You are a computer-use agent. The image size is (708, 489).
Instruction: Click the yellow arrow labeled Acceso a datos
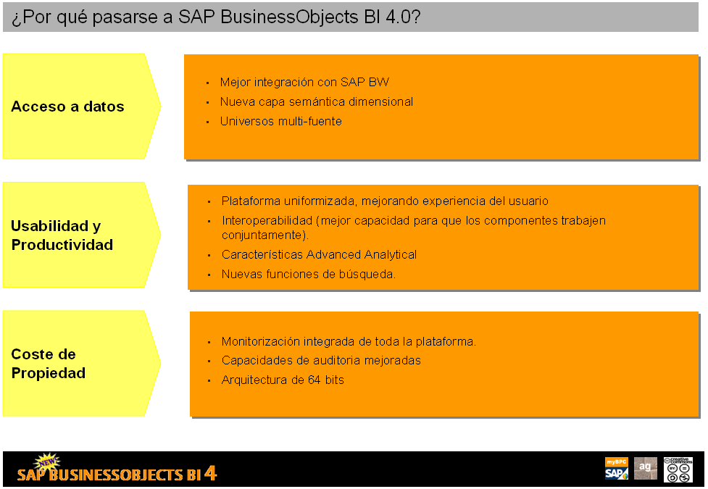pyautogui.click(x=81, y=106)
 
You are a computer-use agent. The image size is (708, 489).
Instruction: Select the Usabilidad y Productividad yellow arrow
pyautogui.click(x=81, y=235)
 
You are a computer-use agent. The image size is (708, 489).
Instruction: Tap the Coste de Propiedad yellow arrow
pyautogui.click(x=81, y=363)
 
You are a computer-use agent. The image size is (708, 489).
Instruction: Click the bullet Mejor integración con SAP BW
pyautogui.click(x=304, y=82)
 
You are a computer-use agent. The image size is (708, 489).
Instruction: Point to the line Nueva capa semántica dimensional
pyautogui.click(x=317, y=101)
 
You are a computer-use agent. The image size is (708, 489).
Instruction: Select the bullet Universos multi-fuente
pyautogui.click(x=281, y=121)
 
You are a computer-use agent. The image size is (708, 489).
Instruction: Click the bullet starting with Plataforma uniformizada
pyautogui.click(x=385, y=201)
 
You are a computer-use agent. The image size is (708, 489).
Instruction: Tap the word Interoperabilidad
pyautogui.click(x=267, y=220)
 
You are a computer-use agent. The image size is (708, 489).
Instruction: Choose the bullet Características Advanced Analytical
pyautogui.click(x=319, y=255)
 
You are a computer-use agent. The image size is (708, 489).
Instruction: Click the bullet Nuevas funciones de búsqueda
pyautogui.click(x=309, y=274)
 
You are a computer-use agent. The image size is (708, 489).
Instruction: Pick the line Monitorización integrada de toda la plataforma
pyautogui.click(x=349, y=341)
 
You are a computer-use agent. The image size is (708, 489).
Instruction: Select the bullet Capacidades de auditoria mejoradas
pyautogui.click(x=321, y=360)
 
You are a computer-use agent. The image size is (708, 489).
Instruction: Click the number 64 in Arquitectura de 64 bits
pyautogui.click(x=315, y=380)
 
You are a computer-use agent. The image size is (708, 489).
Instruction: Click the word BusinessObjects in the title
pyautogui.click(x=289, y=17)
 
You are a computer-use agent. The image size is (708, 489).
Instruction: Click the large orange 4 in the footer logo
pyautogui.click(x=210, y=473)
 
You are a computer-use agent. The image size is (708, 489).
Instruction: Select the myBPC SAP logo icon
pyautogui.click(x=617, y=468)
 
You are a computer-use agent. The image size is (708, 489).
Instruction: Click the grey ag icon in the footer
pyautogui.click(x=645, y=468)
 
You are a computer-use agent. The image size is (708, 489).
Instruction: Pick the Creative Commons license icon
pyautogui.click(x=678, y=469)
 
